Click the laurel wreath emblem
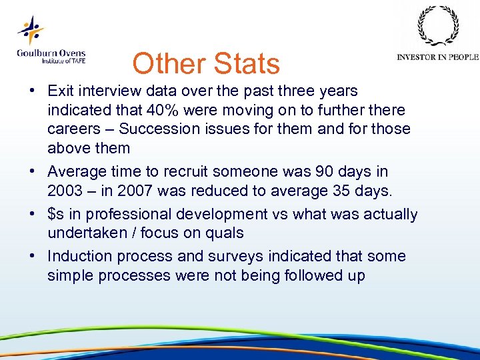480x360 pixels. point(437,27)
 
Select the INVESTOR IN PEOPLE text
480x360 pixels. point(437,57)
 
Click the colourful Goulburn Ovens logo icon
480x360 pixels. point(31,31)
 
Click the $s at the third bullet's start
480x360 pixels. point(55,215)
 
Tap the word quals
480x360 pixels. point(225,233)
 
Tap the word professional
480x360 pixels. point(131,215)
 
